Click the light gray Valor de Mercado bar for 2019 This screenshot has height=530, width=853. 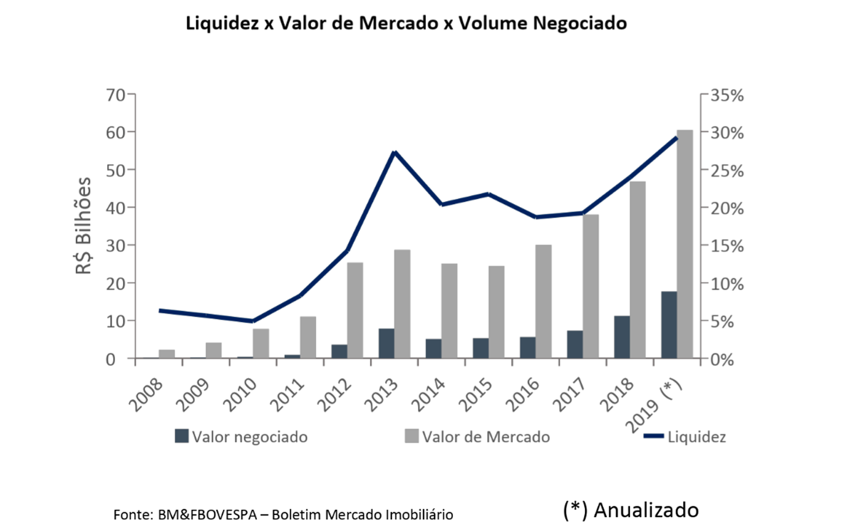tap(685, 244)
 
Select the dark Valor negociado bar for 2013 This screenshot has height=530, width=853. tap(386, 343)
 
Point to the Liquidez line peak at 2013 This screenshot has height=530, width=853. tap(394, 153)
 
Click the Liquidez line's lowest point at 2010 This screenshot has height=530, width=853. tap(252, 321)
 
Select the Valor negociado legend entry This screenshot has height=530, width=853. tap(241, 437)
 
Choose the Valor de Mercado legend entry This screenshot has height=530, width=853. tap(478, 437)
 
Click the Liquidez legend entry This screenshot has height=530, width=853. tap(686, 437)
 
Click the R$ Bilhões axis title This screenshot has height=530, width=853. tap(84, 226)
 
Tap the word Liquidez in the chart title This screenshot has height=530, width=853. tap(221, 24)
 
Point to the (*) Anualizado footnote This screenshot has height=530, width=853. tap(631, 510)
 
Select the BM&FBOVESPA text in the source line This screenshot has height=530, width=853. tap(207, 514)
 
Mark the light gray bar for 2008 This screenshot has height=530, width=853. tap(167, 354)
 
